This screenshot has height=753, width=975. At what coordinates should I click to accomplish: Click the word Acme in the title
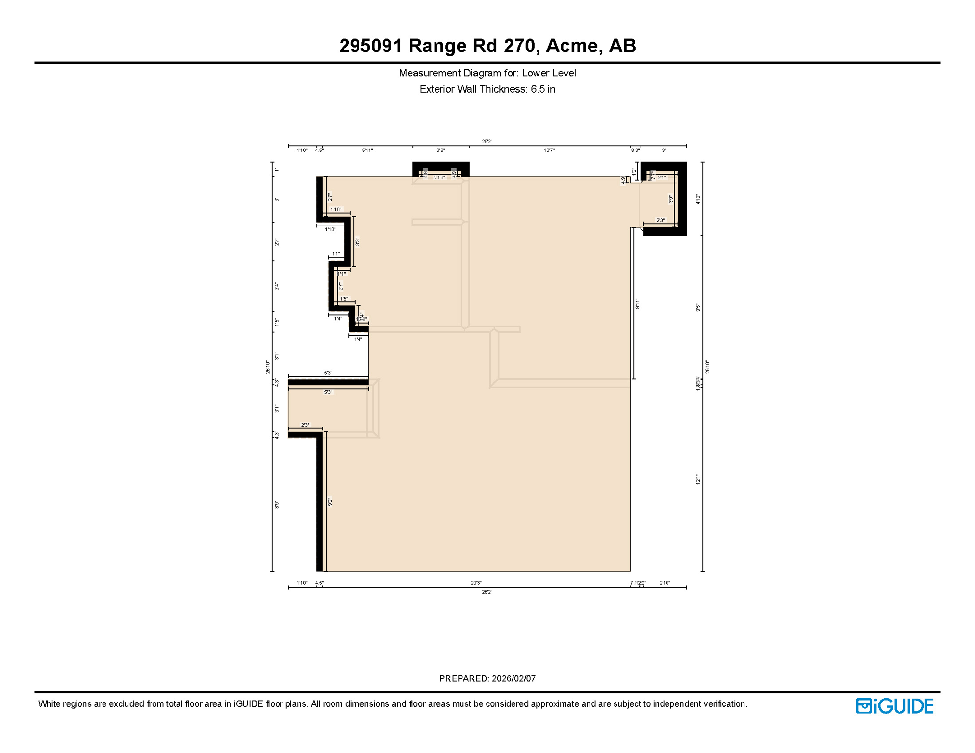click(571, 46)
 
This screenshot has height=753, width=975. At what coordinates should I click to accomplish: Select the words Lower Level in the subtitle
click(548, 73)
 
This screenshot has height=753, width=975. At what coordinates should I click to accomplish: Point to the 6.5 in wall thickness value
click(542, 89)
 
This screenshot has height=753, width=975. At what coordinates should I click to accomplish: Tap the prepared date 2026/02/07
click(513, 678)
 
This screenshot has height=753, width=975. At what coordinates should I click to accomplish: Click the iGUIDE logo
click(895, 706)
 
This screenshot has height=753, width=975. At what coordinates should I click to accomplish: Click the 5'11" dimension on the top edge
click(367, 151)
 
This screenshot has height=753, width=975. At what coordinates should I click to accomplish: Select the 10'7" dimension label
click(549, 151)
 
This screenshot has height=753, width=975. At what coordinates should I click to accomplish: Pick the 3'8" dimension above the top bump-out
click(440, 151)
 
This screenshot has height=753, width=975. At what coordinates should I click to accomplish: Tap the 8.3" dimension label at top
click(635, 151)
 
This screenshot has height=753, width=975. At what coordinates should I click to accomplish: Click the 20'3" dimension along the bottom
click(476, 583)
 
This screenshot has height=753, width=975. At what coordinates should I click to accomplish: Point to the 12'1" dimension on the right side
click(698, 479)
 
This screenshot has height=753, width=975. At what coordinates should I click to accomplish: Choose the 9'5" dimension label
click(698, 308)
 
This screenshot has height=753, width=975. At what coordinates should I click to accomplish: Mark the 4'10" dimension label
click(698, 199)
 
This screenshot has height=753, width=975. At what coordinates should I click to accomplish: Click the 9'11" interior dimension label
click(637, 303)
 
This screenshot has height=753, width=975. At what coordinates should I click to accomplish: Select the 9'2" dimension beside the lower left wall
click(330, 502)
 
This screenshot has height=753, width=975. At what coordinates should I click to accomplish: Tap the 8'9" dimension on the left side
click(277, 504)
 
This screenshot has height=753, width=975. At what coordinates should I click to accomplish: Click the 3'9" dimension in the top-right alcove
click(671, 199)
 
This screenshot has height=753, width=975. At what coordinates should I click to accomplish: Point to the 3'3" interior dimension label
click(357, 241)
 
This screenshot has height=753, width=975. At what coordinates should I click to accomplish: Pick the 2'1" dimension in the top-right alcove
click(662, 178)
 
